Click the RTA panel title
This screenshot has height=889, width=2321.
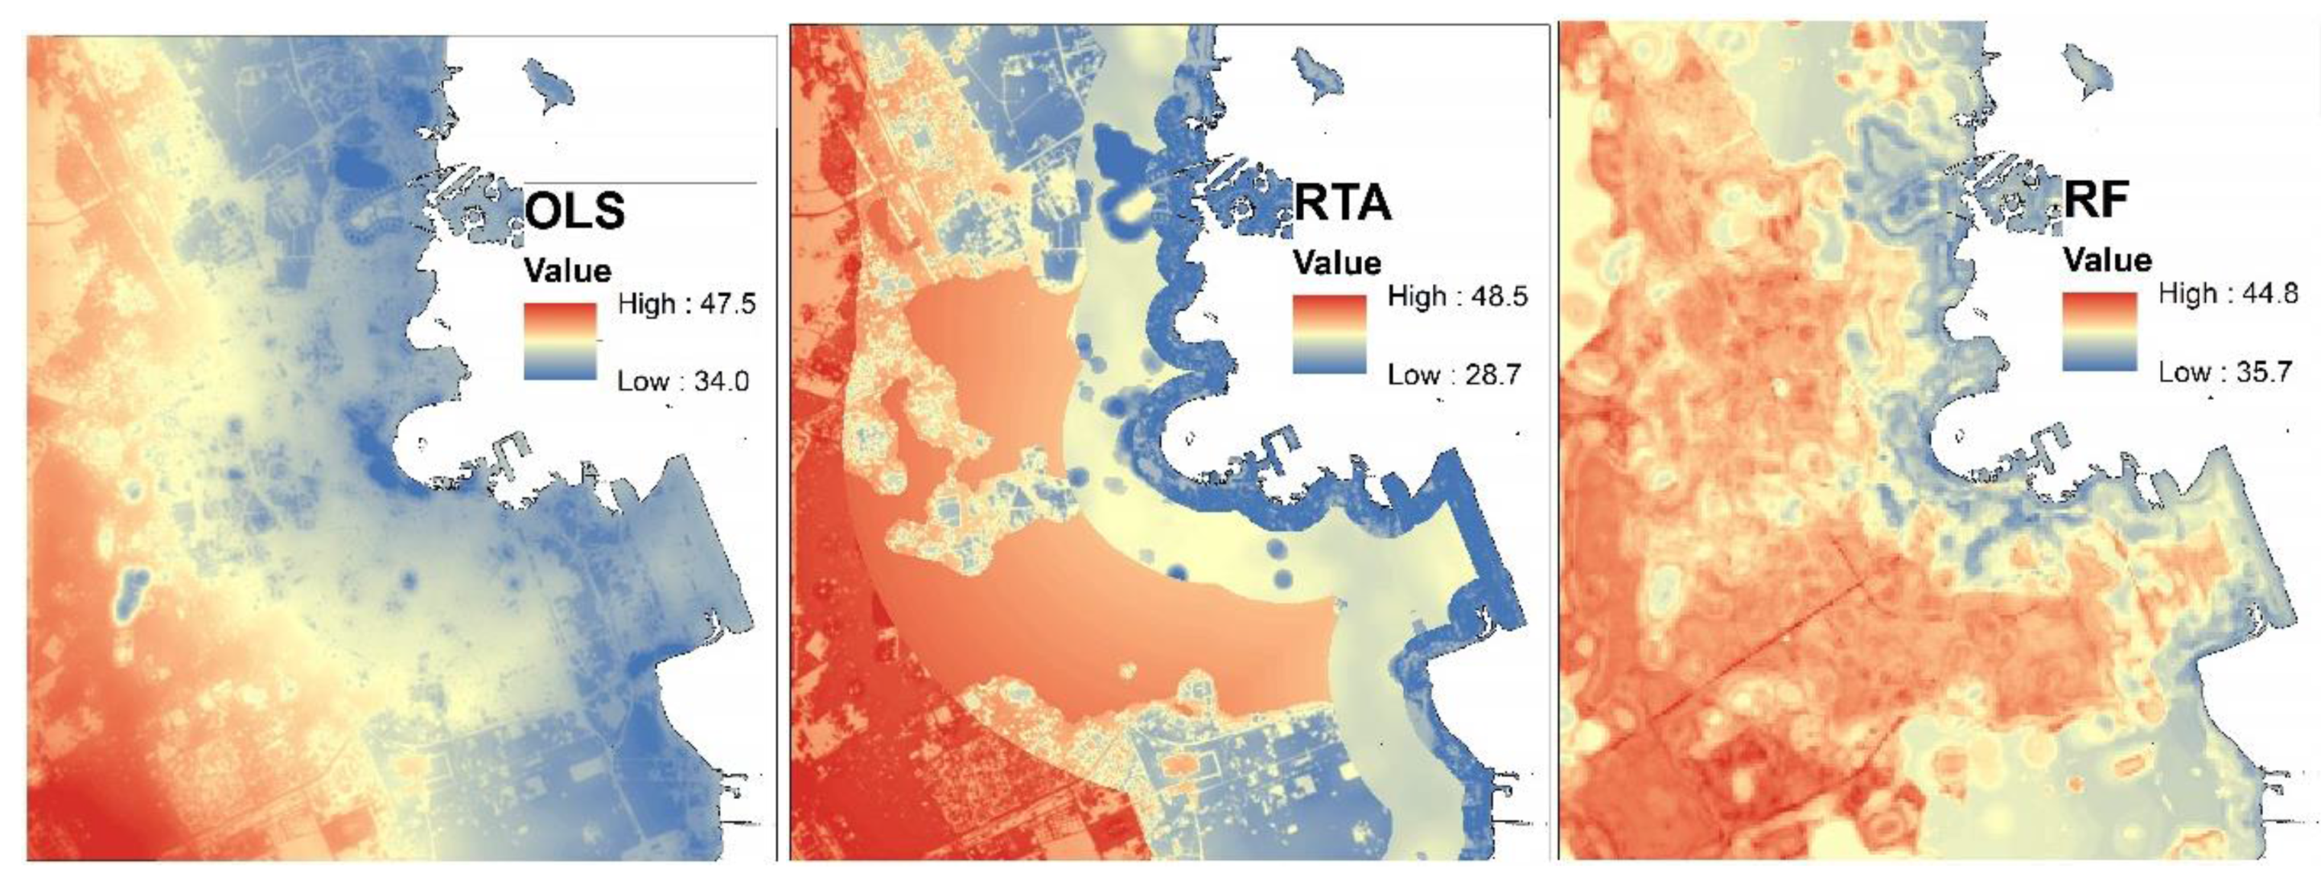pos(1343,204)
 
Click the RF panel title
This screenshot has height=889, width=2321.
pos(2096,201)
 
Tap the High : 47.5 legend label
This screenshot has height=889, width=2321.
pos(686,304)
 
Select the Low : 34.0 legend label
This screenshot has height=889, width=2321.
pos(683,382)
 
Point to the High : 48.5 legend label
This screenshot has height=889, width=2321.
pos(1457,296)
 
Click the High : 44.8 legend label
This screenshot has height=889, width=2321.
pos(2228,294)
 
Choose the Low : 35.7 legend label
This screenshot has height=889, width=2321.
pos(2224,372)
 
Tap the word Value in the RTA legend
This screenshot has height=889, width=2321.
pos(1337,263)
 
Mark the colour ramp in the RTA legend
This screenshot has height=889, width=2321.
pos(1329,334)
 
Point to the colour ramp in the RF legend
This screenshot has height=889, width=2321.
pos(2099,331)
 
